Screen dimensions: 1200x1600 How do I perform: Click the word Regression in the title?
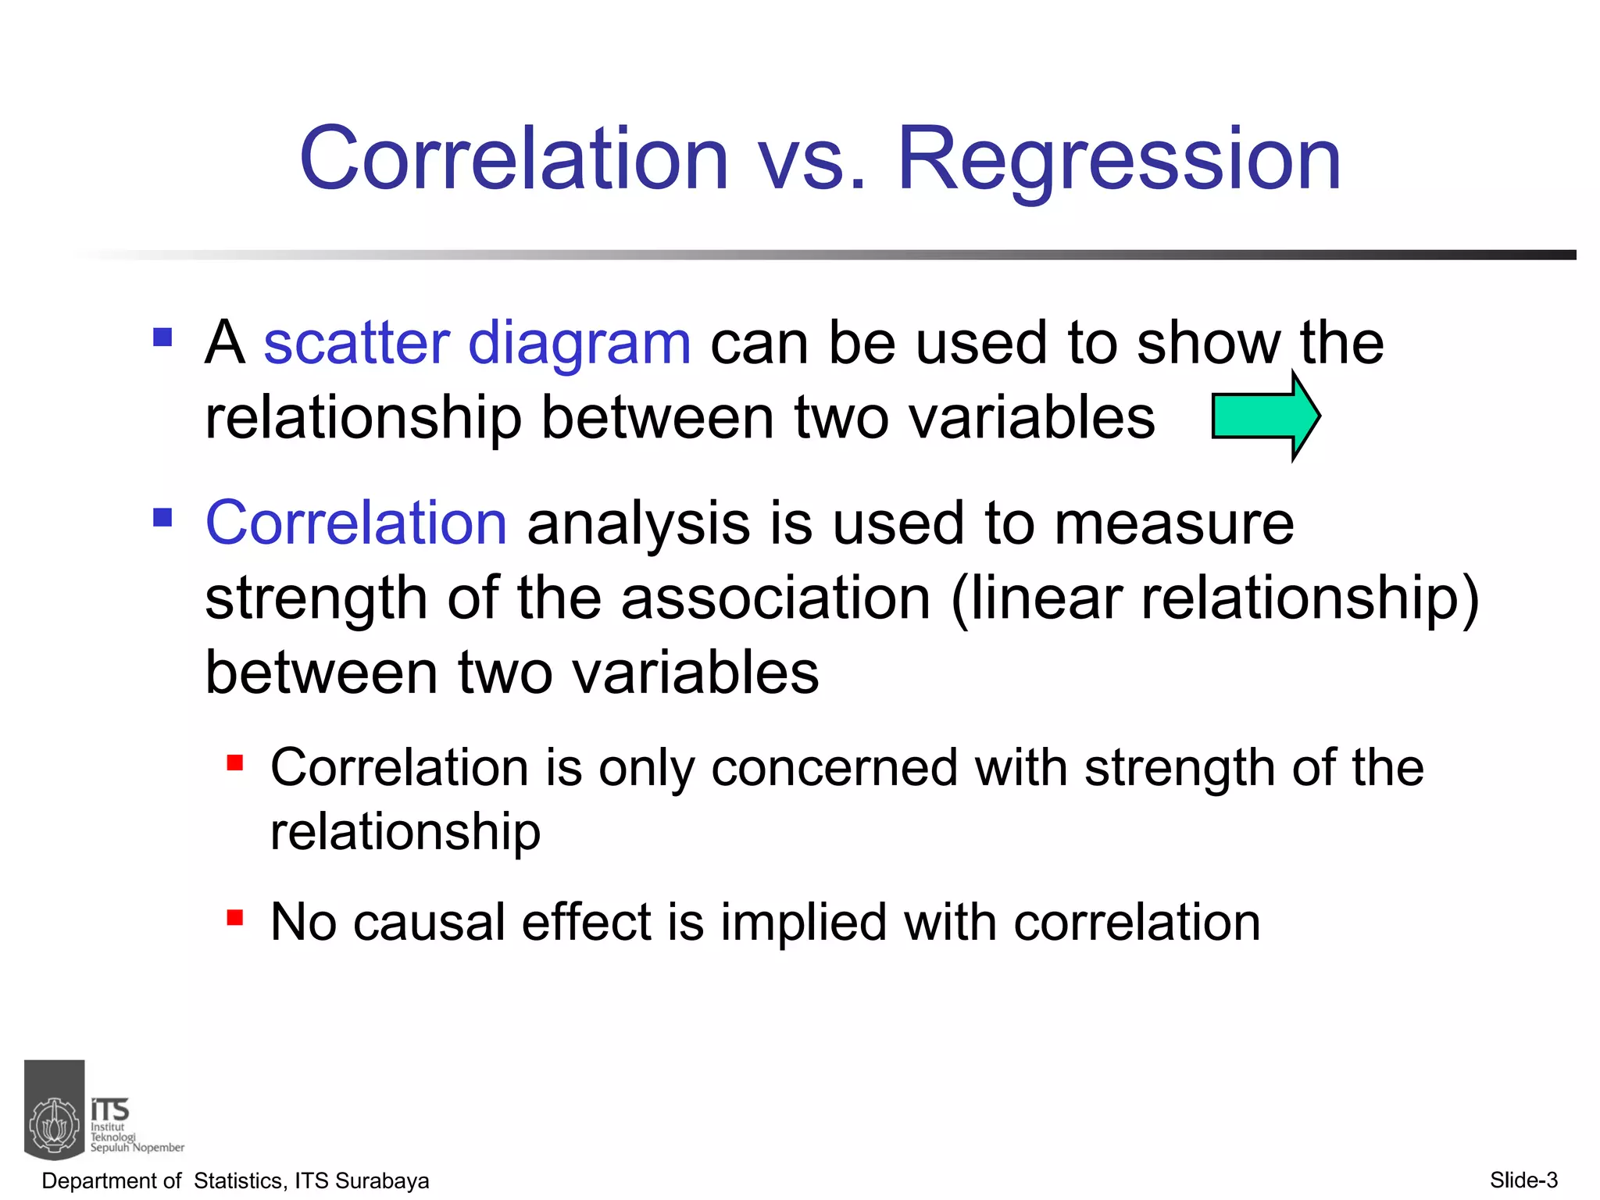[x=1119, y=160]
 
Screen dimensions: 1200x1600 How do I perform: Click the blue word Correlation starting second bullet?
[x=356, y=523]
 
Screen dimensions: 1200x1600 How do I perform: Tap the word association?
[x=775, y=598]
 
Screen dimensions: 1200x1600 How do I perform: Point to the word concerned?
[x=834, y=768]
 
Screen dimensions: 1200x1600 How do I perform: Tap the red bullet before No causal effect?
[x=235, y=917]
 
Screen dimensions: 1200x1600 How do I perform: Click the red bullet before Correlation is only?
[x=235, y=762]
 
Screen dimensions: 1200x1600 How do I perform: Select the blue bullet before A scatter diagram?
[x=162, y=337]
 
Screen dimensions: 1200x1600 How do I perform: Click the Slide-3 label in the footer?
[x=1523, y=1180]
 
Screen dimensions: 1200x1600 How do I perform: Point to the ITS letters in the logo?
[x=110, y=1109]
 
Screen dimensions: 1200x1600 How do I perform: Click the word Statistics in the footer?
[x=238, y=1180]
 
